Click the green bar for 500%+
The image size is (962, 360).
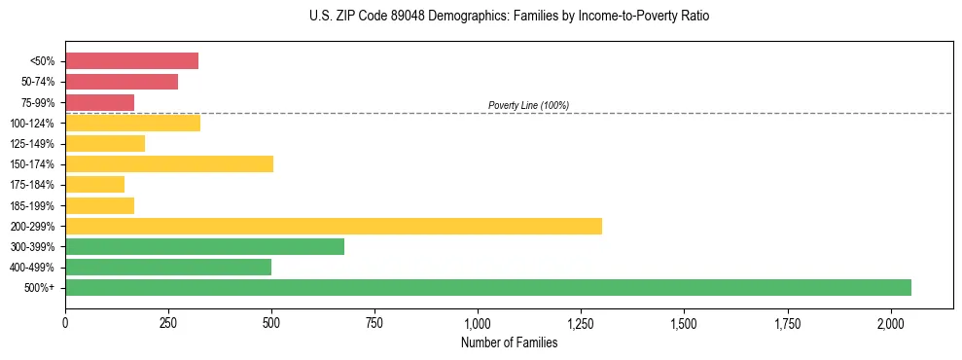[x=487, y=287]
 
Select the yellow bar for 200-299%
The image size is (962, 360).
[x=333, y=226]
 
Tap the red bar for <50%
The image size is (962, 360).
[x=131, y=61]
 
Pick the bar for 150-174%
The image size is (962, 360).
[x=169, y=163]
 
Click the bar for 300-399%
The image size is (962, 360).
[x=204, y=246]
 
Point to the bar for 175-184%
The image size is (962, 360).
[x=94, y=184]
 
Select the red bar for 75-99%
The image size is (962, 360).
[x=99, y=102]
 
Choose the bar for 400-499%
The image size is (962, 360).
[x=168, y=267]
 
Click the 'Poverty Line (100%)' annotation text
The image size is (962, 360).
[x=528, y=105]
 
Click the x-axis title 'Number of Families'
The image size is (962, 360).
[x=509, y=342]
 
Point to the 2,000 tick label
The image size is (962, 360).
[x=891, y=323]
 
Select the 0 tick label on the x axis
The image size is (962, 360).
[x=65, y=323]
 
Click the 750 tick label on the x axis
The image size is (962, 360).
[x=374, y=323]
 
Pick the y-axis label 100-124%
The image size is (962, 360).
[x=32, y=124]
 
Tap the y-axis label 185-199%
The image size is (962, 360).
[x=32, y=205]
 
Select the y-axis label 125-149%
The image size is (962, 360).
[x=32, y=144]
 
